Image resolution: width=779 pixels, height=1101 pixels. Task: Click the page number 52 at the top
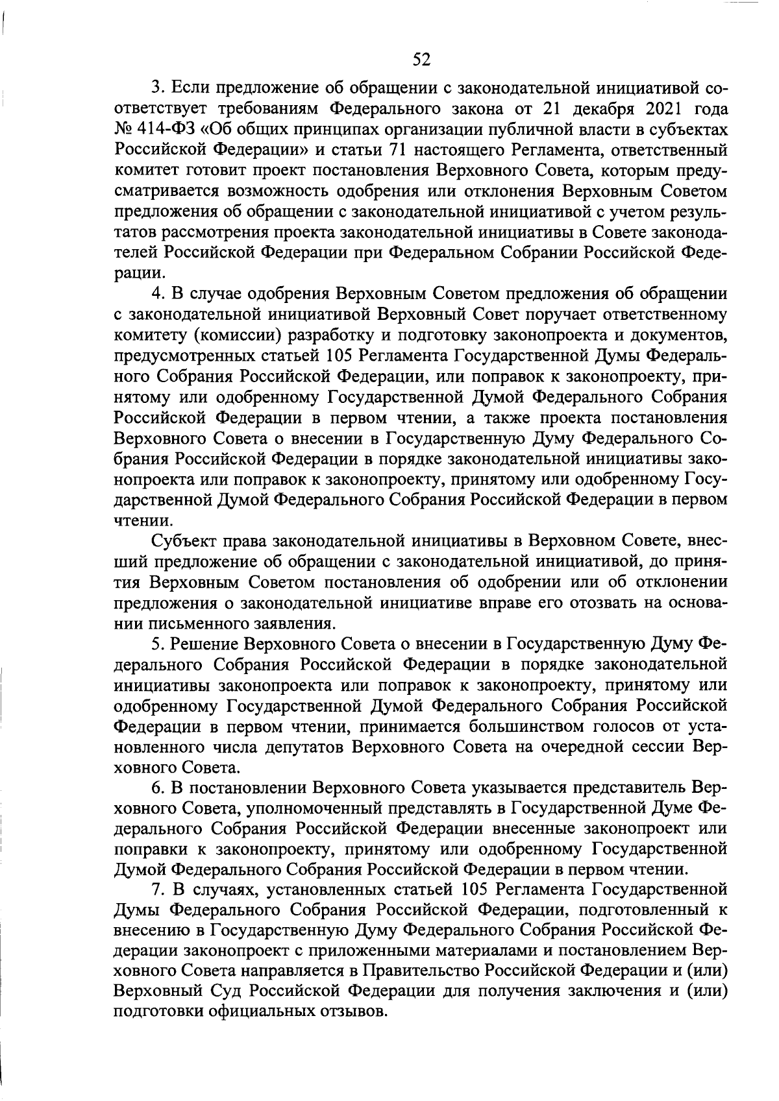421,60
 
